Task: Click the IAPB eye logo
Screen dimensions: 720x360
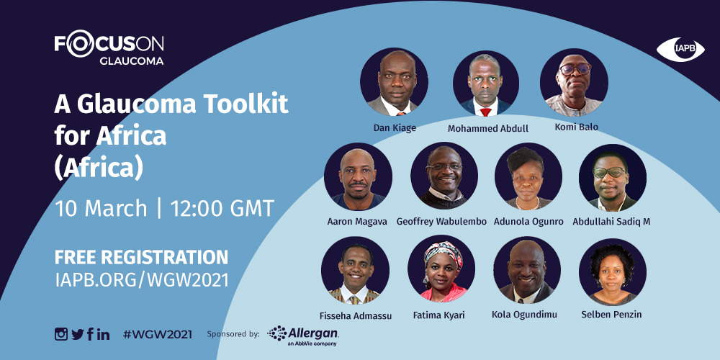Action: pos(680,50)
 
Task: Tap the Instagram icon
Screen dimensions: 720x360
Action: pos(61,334)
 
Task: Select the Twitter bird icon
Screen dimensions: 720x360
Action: pos(78,334)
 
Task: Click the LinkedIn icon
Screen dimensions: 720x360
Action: pos(103,334)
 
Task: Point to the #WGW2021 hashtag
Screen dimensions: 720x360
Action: pos(158,334)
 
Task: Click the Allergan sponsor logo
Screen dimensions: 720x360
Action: pos(303,336)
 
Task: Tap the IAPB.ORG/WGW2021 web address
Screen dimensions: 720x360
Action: pos(141,279)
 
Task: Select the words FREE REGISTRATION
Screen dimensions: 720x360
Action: pos(141,257)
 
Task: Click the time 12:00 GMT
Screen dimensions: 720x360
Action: pos(222,209)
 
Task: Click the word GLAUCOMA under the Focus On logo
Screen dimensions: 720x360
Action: pos(131,60)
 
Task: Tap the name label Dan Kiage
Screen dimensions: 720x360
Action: pos(395,127)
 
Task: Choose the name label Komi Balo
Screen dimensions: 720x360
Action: pos(576,127)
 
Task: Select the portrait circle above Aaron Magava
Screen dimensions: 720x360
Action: pos(358,176)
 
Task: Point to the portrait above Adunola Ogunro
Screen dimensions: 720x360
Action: pos(528,176)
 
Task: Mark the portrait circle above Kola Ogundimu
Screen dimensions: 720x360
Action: pos(527,270)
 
